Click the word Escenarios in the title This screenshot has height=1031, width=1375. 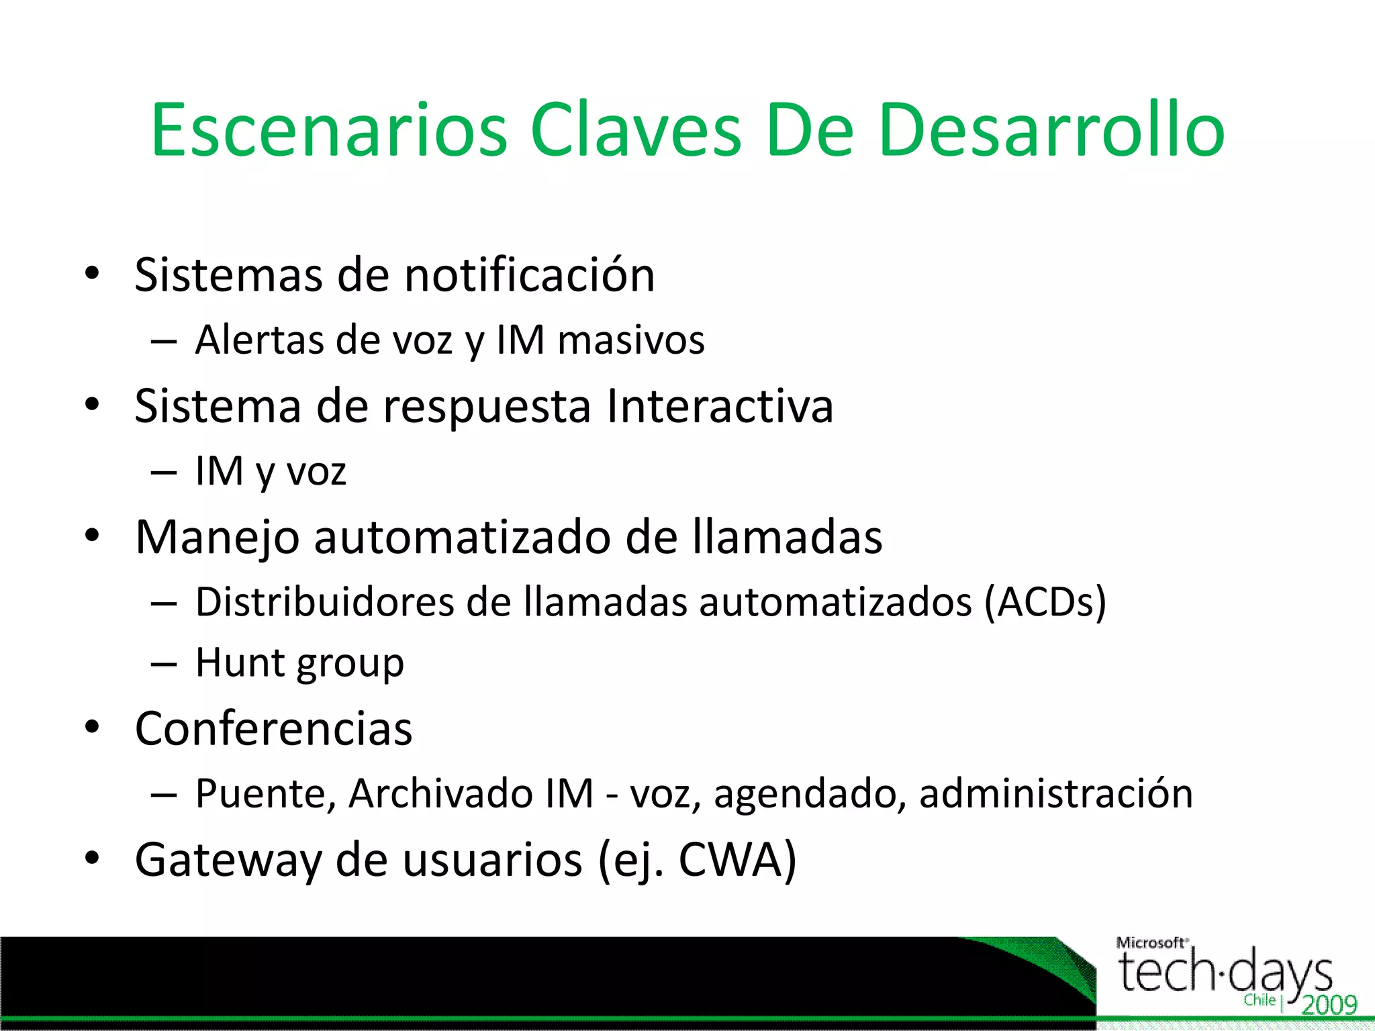pyautogui.click(x=329, y=130)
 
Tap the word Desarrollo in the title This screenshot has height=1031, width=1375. pyautogui.click(x=1051, y=130)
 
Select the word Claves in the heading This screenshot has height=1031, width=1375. pyautogui.click(x=635, y=130)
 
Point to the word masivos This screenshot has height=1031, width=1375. pyautogui.click(x=631, y=340)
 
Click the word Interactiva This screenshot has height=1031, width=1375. pyautogui.click(x=720, y=406)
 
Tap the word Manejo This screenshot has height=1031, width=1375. pyautogui.click(x=217, y=538)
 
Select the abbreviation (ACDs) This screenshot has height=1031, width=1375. pyautogui.click(x=1045, y=601)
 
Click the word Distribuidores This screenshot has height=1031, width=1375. pyautogui.click(x=324, y=601)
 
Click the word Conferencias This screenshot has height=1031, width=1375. pyautogui.click(x=273, y=729)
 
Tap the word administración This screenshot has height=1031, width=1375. pyautogui.click(x=1055, y=793)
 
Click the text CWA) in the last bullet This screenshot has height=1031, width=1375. pyautogui.click(x=737, y=860)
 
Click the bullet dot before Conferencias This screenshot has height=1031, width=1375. pyautogui.click(x=93, y=727)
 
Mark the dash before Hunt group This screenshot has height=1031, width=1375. pyautogui.click(x=164, y=664)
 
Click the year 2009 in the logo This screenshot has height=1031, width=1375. pyautogui.click(x=1329, y=1005)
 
